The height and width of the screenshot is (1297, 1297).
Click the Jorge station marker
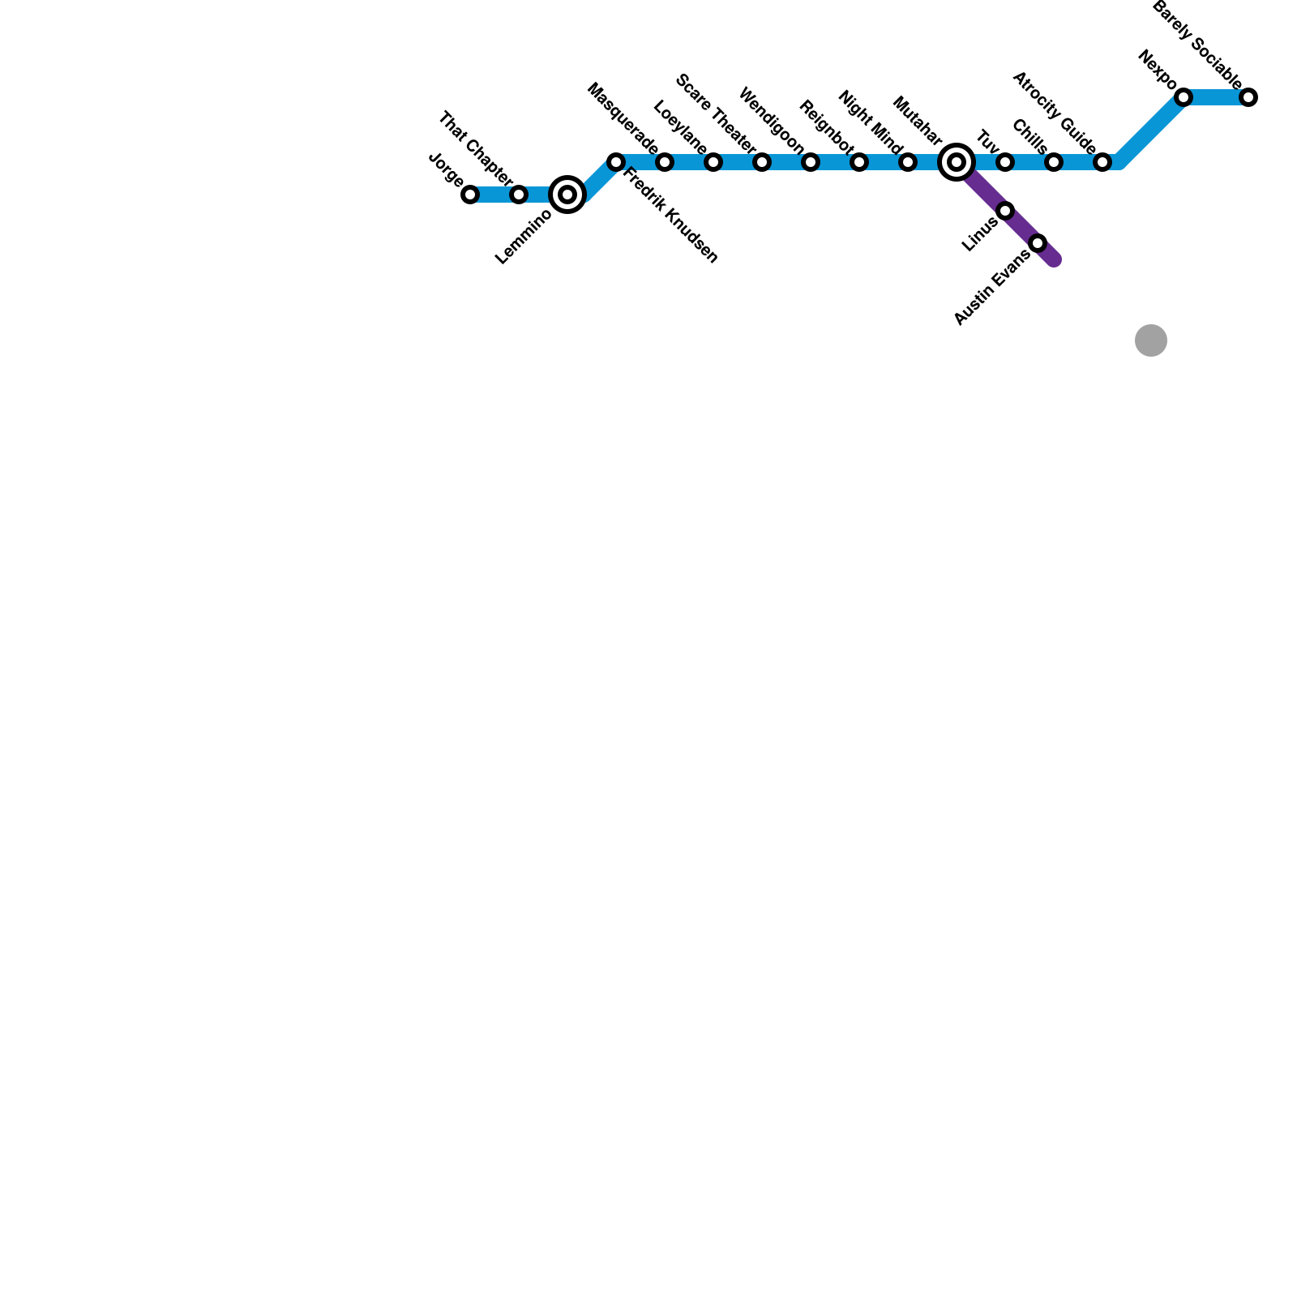click(x=470, y=195)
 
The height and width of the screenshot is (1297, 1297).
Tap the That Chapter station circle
click(x=519, y=195)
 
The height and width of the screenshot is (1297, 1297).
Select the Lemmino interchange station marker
click(x=567, y=195)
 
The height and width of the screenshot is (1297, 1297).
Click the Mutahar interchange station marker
click(x=957, y=162)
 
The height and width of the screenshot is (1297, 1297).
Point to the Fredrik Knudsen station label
click(x=670, y=215)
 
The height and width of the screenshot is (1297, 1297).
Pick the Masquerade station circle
click(x=665, y=162)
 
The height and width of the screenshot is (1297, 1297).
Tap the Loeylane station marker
click(x=713, y=162)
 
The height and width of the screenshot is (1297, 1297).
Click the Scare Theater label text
click(x=715, y=113)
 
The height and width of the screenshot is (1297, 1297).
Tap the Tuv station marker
click(x=1005, y=162)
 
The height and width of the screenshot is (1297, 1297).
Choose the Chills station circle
click(x=1054, y=162)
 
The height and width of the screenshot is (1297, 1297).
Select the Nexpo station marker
click(x=1184, y=97)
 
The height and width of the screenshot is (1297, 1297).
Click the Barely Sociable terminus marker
click(x=1248, y=97)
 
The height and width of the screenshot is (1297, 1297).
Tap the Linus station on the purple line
click(x=1005, y=211)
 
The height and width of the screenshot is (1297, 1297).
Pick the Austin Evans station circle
click(x=1038, y=243)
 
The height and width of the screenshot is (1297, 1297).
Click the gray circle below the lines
click(x=1151, y=340)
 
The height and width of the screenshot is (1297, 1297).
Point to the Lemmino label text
click(x=524, y=237)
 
